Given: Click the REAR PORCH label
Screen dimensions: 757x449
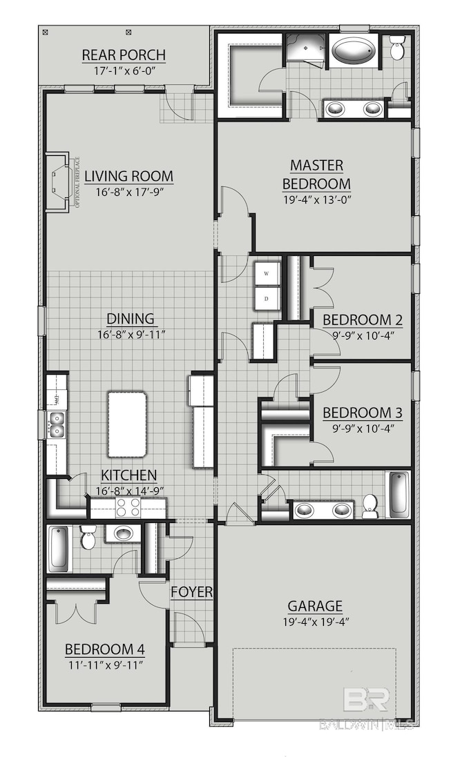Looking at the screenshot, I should [124, 55].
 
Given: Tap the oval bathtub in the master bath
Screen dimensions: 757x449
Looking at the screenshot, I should [354, 50].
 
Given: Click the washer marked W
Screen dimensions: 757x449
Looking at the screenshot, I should [267, 273].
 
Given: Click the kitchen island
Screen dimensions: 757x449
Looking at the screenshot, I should [126, 424].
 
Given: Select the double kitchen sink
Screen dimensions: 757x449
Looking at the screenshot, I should [56, 424].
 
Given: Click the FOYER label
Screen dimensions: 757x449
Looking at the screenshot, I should [192, 592].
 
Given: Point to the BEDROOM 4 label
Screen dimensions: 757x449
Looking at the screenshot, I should [104, 649].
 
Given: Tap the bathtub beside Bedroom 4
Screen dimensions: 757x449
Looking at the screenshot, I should [59, 547].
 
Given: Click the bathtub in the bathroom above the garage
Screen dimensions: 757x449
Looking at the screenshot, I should [399, 493].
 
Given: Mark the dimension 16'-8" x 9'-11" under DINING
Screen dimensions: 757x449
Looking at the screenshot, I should [131, 335].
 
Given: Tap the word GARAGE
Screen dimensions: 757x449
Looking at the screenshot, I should [315, 607].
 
